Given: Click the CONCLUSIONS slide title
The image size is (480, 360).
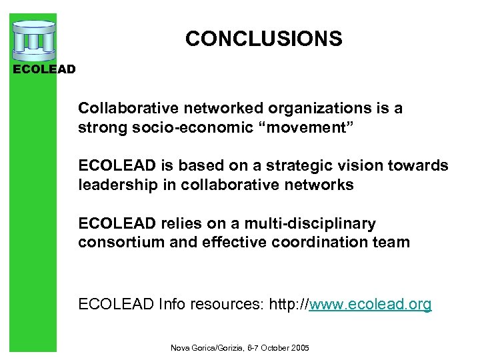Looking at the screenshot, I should (263, 39).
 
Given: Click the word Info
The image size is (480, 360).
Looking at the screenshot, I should (167, 305).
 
